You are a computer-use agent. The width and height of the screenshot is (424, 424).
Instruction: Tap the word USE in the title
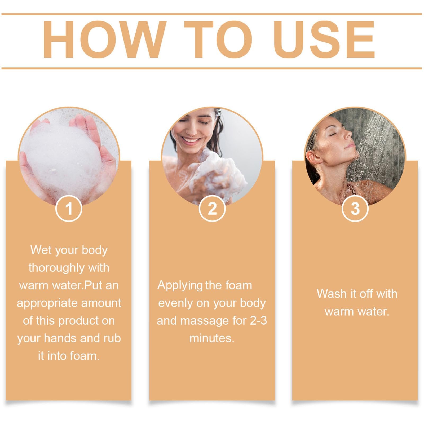[324, 40]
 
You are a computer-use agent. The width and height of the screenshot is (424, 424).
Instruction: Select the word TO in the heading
[218, 40]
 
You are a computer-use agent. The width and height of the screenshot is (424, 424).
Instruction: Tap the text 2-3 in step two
[258, 321]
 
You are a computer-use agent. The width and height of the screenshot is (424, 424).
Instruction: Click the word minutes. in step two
[212, 338]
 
